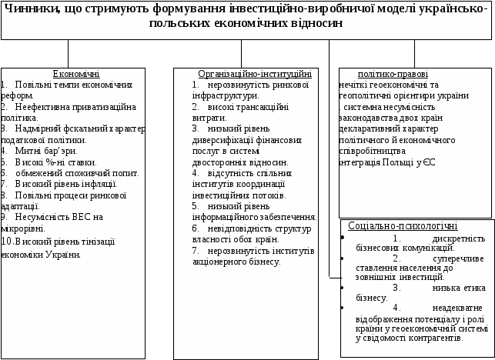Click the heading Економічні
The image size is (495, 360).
75,74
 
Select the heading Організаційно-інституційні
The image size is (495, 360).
254,74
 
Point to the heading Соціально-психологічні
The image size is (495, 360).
403,226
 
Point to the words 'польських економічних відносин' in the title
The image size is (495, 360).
246,23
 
